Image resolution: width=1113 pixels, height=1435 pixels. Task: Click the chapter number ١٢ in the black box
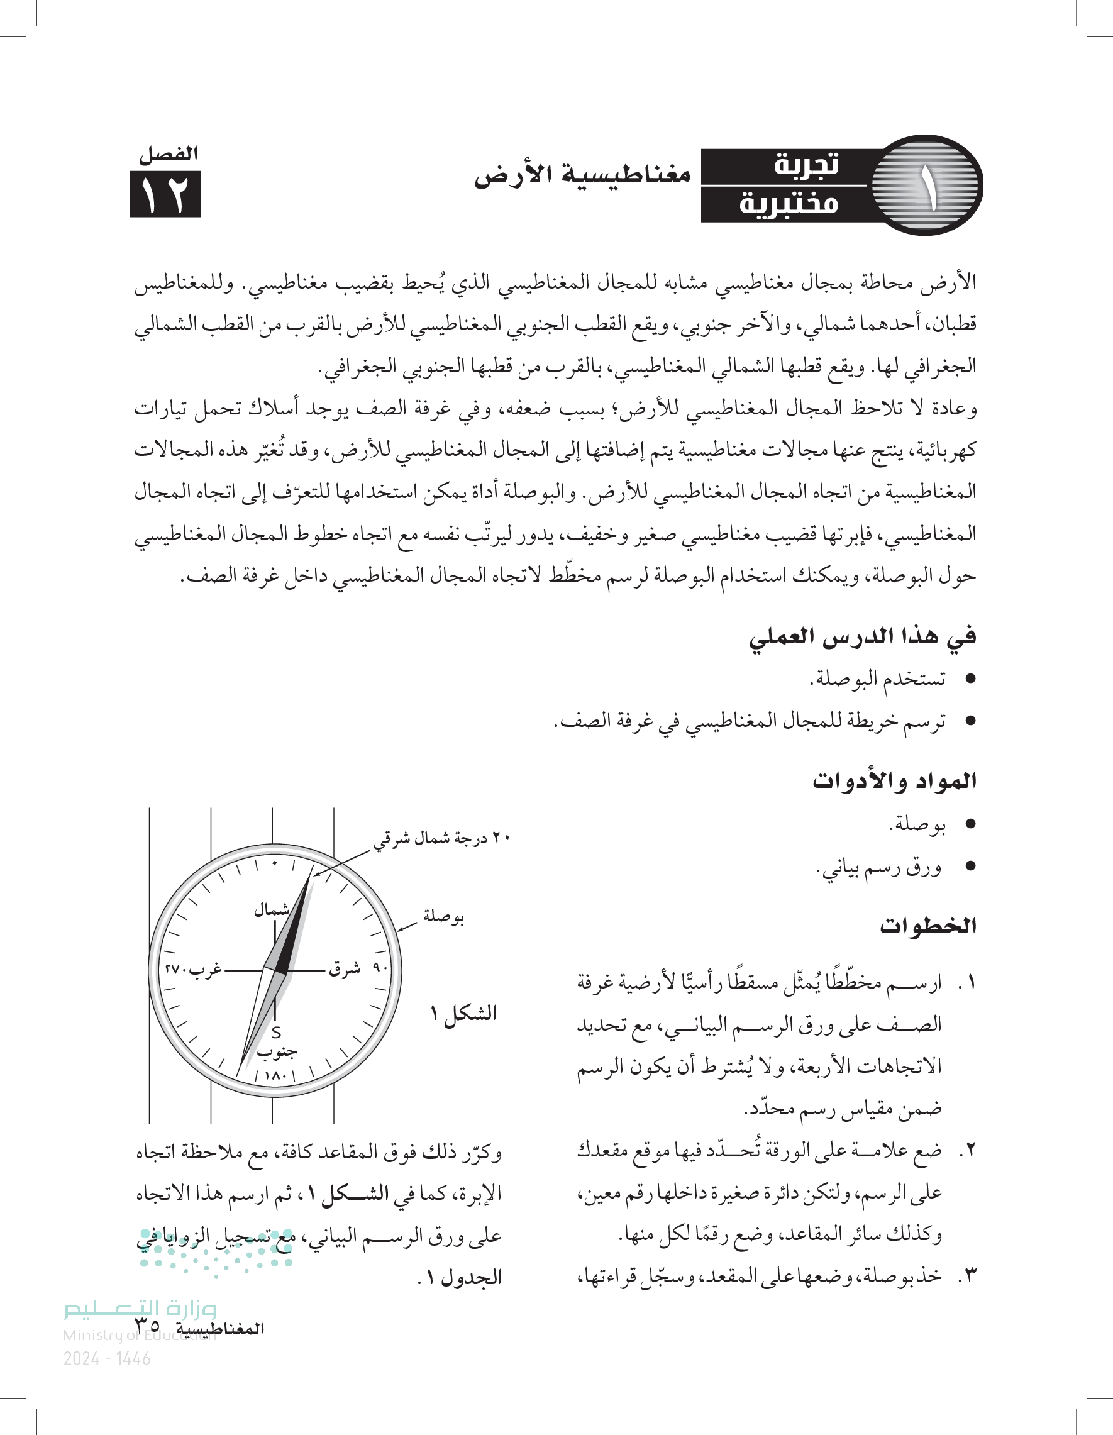[165, 194]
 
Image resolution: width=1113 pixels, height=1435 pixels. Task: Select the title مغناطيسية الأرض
[583, 175]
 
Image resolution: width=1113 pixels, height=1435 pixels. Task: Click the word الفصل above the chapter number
[168, 155]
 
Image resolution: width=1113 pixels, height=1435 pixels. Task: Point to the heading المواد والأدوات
[894, 780]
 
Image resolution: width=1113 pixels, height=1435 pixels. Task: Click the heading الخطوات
[927, 926]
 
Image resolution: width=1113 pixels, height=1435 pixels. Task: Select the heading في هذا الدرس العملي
[862, 636]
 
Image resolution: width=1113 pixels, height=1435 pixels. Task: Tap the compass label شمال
[272, 910]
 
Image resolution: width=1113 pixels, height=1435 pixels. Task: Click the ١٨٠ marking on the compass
[275, 1077]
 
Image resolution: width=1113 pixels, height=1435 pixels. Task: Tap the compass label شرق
[345, 969]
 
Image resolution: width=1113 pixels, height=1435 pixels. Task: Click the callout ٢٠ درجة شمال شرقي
[442, 838]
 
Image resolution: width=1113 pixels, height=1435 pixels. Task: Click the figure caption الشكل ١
[463, 1012]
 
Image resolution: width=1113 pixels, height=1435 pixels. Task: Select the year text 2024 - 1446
[107, 1359]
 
